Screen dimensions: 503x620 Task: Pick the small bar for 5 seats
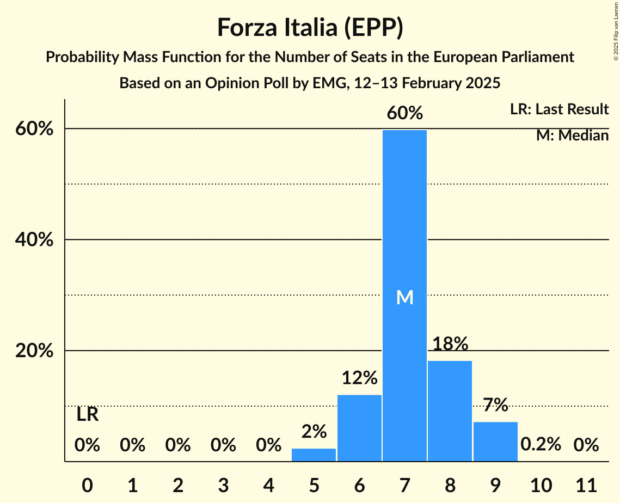pyautogui.click(x=314, y=455)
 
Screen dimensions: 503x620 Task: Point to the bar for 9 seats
pyautogui.click(x=495, y=441)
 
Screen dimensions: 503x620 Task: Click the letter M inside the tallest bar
pyautogui.click(x=404, y=298)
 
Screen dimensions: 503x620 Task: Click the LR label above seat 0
pyautogui.click(x=87, y=415)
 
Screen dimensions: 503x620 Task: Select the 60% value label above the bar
pyautogui.click(x=404, y=113)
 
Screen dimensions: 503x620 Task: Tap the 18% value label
pyautogui.click(x=450, y=344)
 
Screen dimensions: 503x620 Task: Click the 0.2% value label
pyautogui.click(x=541, y=444)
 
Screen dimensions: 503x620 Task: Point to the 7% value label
pyautogui.click(x=495, y=405)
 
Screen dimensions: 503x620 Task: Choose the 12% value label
pyautogui.click(x=359, y=377)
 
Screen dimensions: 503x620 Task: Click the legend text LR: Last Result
pyautogui.click(x=559, y=109)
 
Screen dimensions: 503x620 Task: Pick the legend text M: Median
pyautogui.click(x=572, y=136)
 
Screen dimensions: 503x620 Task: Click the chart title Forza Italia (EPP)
pyautogui.click(x=310, y=27)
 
